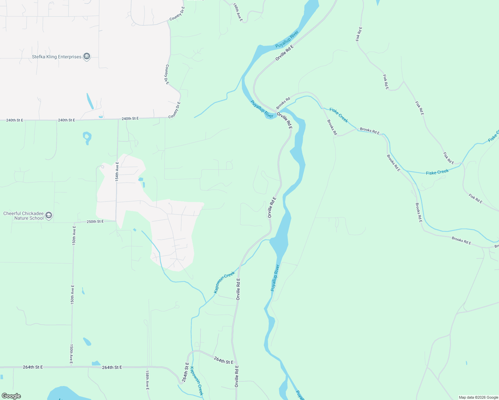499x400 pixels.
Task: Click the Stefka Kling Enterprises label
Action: (56, 57)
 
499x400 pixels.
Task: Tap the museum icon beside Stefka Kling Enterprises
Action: (87, 57)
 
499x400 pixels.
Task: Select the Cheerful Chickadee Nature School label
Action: (23, 216)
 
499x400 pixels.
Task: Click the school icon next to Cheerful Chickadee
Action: (49, 215)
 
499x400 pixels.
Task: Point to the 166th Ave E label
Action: (238, 12)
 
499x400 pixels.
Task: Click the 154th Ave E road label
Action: (117, 171)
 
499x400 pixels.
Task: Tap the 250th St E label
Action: (95, 221)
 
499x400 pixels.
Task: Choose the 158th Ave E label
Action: (147, 380)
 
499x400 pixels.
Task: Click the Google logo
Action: (11, 396)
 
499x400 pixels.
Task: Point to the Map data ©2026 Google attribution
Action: (478, 397)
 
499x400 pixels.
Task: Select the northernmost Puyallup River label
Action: (287, 40)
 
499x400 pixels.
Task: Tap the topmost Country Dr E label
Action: (177, 14)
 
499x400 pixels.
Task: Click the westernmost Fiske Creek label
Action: (339, 115)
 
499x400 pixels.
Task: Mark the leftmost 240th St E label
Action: (15, 120)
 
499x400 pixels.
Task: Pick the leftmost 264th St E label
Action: (33, 367)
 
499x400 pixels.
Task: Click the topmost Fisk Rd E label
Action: (359, 34)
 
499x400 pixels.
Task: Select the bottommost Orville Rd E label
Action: (236, 376)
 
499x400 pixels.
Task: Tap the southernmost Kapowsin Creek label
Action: (196, 381)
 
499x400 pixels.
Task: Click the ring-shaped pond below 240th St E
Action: (87, 137)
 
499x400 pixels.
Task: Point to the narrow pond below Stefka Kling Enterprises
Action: (90, 101)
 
